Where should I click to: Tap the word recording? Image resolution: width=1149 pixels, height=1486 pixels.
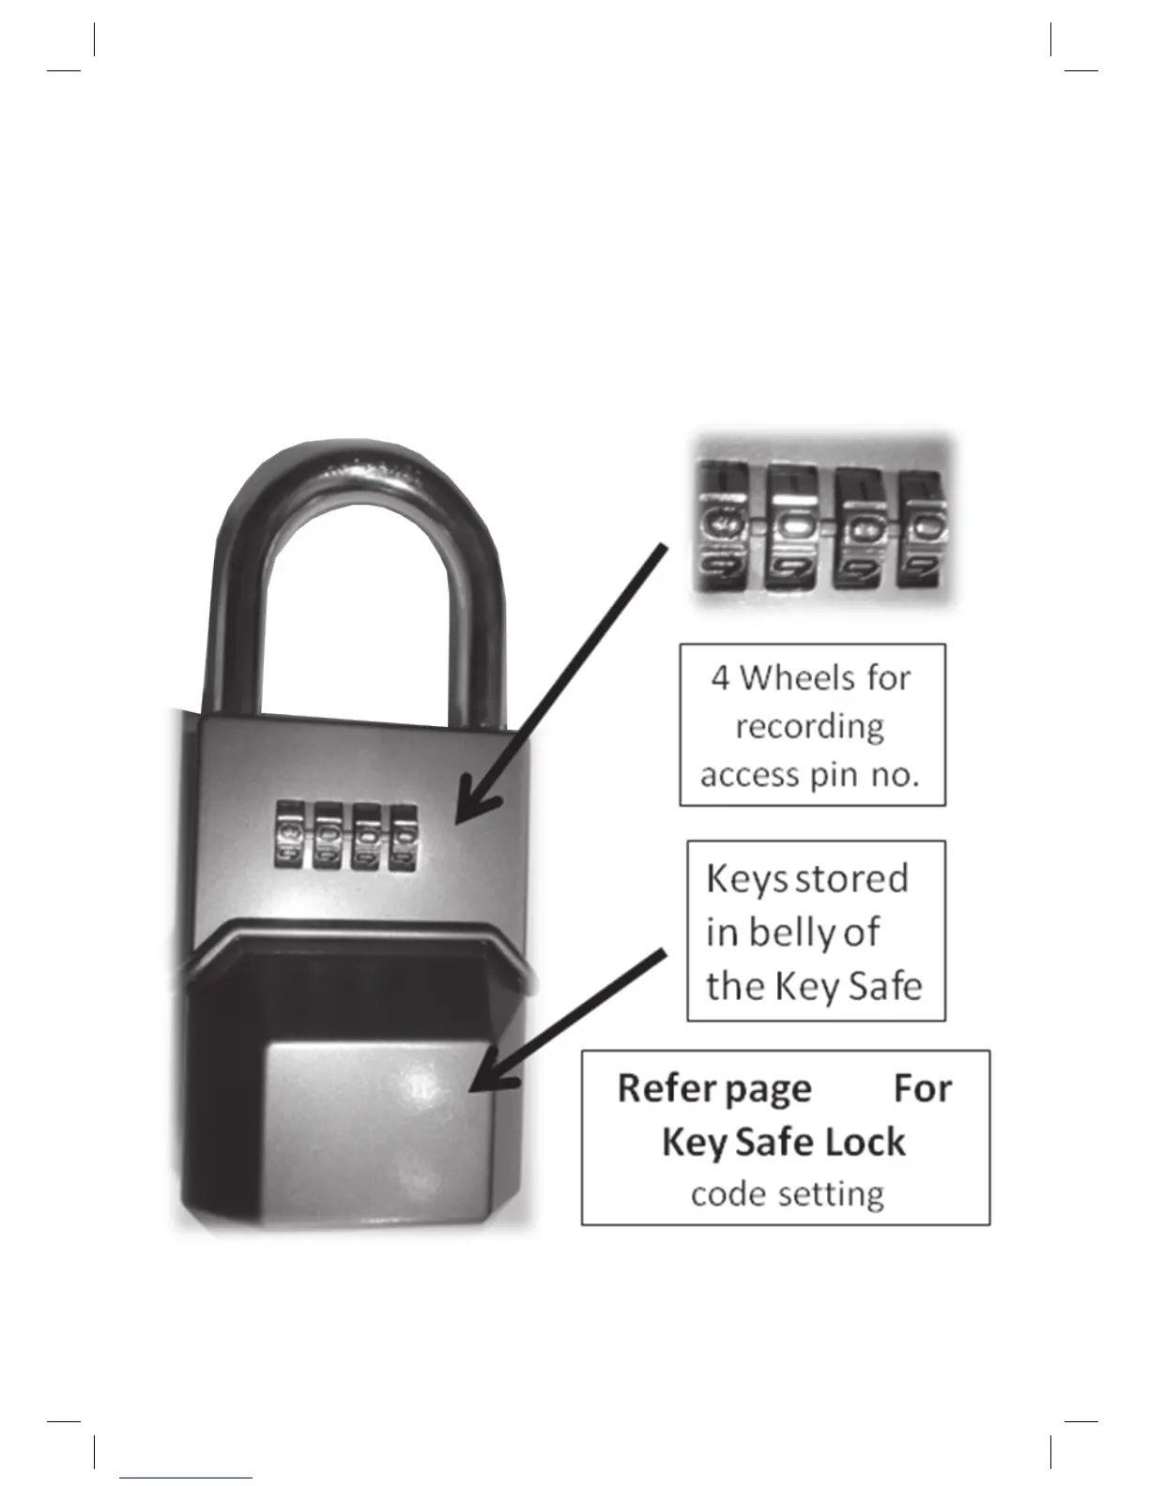(x=810, y=726)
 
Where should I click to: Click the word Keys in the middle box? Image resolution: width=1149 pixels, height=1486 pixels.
(x=747, y=879)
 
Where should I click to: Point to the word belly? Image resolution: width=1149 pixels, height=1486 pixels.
(x=789, y=933)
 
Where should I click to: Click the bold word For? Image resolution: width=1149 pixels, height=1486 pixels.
(x=922, y=1088)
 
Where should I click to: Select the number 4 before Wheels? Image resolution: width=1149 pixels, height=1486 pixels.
(x=720, y=677)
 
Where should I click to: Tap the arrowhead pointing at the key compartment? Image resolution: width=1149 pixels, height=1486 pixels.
(x=488, y=1079)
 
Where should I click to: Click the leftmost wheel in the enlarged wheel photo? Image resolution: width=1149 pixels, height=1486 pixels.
(x=721, y=530)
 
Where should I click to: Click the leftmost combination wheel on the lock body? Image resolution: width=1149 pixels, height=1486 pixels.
(x=289, y=834)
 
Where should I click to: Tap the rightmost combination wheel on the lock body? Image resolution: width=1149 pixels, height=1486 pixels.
(x=405, y=834)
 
